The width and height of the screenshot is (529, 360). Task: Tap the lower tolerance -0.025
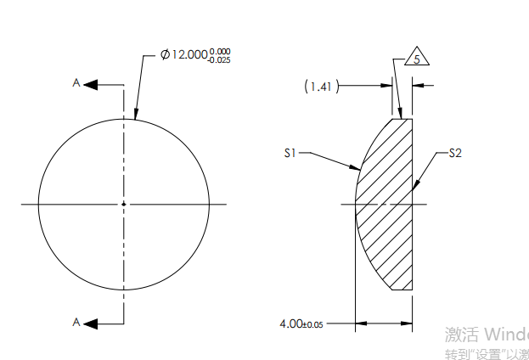click(219, 59)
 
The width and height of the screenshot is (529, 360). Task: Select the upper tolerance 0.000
click(220, 50)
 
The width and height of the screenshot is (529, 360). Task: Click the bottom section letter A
click(76, 322)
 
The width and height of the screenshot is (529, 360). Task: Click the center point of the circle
click(124, 204)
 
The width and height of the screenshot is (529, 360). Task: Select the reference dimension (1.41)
click(322, 86)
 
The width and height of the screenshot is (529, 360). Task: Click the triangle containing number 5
click(416, 59)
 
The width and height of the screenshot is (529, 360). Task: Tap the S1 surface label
click(290, 154)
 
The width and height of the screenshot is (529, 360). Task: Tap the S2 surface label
click(454, 154)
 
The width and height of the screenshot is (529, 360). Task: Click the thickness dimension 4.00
click(291, 323)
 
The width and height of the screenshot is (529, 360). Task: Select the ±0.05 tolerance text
click(313, 324)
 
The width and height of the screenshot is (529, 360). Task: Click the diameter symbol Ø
click(166, 54)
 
